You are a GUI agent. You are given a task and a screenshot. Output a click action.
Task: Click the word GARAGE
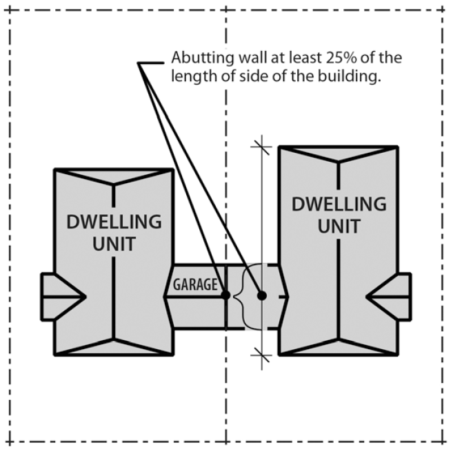195,284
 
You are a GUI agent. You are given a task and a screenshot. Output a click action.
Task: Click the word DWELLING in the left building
114,222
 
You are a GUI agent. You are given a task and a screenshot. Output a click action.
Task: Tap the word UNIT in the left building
114,244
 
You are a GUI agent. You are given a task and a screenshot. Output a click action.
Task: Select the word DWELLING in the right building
339,204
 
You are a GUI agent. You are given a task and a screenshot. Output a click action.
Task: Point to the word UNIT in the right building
339,226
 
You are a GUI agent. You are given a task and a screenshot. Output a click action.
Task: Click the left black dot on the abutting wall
225,295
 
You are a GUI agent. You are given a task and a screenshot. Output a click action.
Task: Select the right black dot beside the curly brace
262,295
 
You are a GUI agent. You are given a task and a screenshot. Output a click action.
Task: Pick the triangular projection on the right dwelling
389,297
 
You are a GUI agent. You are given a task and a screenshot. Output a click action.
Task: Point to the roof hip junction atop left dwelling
113,185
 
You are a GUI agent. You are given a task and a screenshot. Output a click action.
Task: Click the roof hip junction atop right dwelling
338,162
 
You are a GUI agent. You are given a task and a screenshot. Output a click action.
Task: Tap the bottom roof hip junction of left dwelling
113,339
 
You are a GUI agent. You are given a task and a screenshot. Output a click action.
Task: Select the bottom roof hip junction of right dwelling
338,339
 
